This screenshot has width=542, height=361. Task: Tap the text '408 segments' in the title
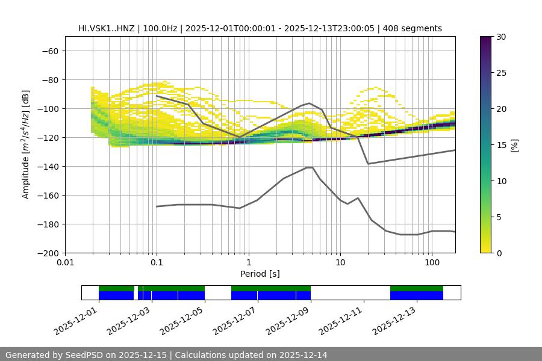click(416, 28)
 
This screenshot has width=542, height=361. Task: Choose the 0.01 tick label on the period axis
click(65, 263)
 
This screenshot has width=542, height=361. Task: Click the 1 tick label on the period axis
click(249, 263)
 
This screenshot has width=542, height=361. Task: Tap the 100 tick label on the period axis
click(432, 263)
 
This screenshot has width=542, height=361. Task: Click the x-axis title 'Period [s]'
click(260, 274)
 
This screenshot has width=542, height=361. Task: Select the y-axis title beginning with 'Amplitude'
click(26, 144)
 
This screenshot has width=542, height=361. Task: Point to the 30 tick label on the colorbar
click(501, 37)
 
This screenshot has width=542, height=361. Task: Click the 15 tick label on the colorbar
click(501, 145)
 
